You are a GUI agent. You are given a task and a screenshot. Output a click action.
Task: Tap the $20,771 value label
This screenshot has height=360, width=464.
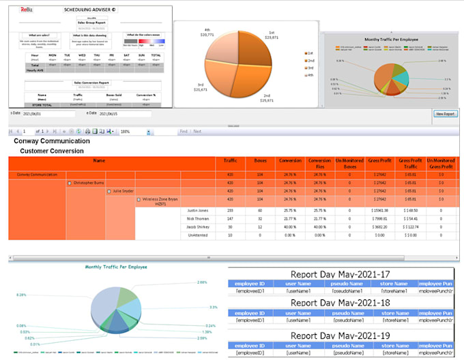pos(205,33)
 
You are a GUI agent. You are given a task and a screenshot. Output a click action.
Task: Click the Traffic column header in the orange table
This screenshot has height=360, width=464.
pos(231,163)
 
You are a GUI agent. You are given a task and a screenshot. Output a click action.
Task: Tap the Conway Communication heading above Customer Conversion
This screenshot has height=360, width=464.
pos(52,141)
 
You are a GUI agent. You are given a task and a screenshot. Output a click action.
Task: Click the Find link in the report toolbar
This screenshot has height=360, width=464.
pos(184,131)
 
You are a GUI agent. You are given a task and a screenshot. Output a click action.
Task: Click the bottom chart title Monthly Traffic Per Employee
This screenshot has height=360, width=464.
pos(115,268)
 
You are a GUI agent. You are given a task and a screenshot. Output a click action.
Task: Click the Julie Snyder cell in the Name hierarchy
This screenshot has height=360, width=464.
pos(124,192)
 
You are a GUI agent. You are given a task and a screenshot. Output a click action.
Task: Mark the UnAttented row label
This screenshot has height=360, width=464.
pos(198,235)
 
